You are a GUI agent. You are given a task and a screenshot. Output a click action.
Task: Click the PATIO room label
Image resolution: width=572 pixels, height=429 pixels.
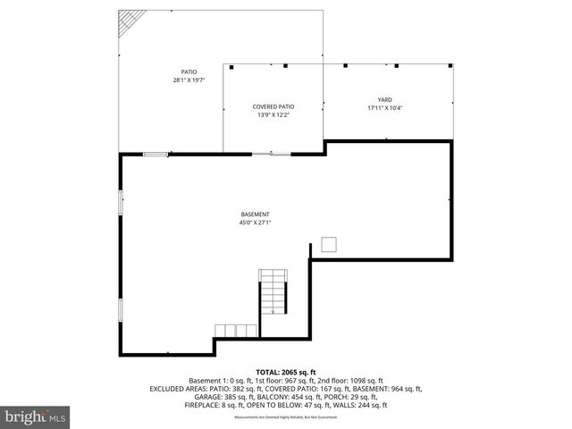point(189,71)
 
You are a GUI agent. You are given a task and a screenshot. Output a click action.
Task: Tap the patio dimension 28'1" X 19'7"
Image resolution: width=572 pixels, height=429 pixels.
point(189,80)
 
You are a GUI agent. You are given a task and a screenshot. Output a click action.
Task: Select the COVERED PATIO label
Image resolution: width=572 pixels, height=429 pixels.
point(273,106)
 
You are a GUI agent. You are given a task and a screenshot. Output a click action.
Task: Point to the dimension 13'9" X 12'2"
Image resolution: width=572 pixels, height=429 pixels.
point(273,114)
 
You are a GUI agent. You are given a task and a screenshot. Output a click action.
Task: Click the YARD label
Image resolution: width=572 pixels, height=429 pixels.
point(385,99)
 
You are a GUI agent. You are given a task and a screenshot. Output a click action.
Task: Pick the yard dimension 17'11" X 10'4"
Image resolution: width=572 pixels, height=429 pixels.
point(385,107)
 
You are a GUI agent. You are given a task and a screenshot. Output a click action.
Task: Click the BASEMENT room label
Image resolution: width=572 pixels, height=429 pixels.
point(255,214)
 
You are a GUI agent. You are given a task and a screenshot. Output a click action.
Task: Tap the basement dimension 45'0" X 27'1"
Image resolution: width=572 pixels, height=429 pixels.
point(255,223)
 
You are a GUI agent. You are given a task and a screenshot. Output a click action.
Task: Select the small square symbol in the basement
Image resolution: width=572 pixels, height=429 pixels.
point(329,244)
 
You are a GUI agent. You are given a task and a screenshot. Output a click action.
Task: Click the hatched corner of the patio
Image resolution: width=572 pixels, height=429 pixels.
point(131,22)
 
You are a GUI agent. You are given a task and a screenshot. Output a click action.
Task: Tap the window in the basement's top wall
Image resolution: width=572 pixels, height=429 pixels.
point(156,154)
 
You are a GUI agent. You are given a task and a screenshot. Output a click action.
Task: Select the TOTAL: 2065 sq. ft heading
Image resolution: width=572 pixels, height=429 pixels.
point(286,371)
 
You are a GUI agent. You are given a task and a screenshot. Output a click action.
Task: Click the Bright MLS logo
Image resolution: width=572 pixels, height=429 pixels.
point(36,416)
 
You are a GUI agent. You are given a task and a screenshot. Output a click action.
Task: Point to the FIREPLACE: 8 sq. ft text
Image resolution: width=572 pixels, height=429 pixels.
point(214,405)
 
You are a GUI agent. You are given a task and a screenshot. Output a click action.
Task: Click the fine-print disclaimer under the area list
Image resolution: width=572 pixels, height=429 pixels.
point(286,417)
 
